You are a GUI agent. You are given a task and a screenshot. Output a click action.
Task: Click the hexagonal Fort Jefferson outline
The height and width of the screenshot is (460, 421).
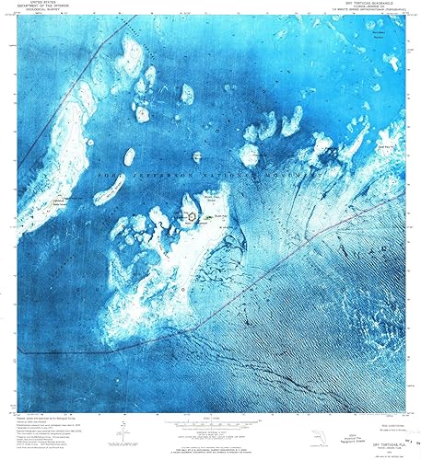[x=191, y=216]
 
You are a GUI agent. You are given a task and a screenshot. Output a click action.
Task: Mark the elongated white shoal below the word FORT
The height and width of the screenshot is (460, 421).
[x=111, y=190]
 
